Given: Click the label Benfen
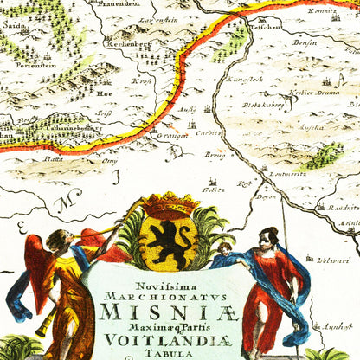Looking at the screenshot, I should click(x=305, y=41).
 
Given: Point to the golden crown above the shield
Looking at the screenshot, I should click(x=170, y=205).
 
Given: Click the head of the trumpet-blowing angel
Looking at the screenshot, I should click(x=59, y=241).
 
